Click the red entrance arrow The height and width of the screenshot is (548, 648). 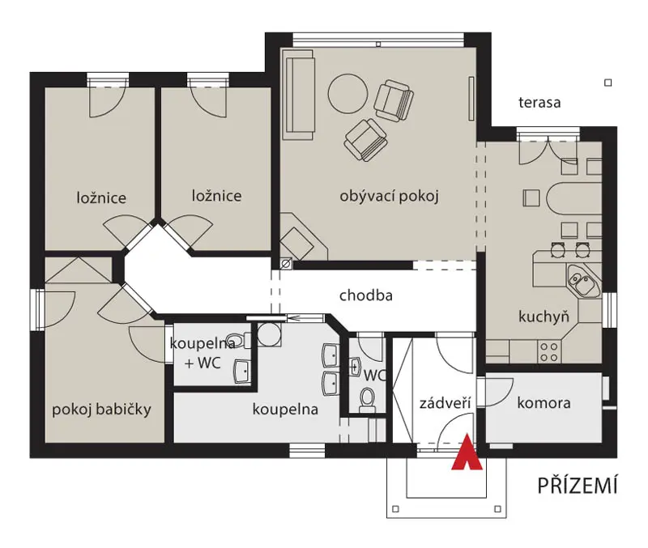pyautogui.click(x=467, y=452)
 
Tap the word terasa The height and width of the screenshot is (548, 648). pyautogui.click(x=539, y=103)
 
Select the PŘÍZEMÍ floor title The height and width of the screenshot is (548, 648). pyautogui.click(x=578, y=485)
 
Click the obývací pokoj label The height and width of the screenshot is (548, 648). pyautogui.click(x=389, y=196)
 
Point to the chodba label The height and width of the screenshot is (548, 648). pyautogui.click(x=366, y=295)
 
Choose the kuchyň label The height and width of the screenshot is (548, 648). pyautogui.click(x=544, y=316)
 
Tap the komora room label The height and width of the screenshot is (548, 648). pyautogui.click(x=544, y=402)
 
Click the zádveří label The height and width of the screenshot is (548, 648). pyautogui.click(x=445, y=402)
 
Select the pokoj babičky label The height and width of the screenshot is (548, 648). pyautogui.click(x=102, y=410)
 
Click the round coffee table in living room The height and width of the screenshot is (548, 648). pyautogui.click(x=347, y=94)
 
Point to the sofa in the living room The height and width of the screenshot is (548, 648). pyautogui.click(x=299, y=95)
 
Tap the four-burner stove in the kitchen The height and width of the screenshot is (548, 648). pyautogui.click(x=549, y=352)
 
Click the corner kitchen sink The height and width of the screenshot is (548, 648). pyautogui.click(x=583, y=281)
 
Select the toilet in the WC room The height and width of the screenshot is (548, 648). pyautogui.click(x=367, y=400)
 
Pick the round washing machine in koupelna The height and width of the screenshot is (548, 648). pyautogui.click(x=269, y=334)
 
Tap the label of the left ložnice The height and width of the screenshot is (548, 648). pyautogui.click(x=101, y=198)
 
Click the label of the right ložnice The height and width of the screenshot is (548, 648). pyautogui.click(x=216, y=196)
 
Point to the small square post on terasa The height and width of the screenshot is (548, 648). pyautogui.click(x=608, y=83)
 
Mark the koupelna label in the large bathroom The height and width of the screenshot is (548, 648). pyautogui.click(x=285, y=410)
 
